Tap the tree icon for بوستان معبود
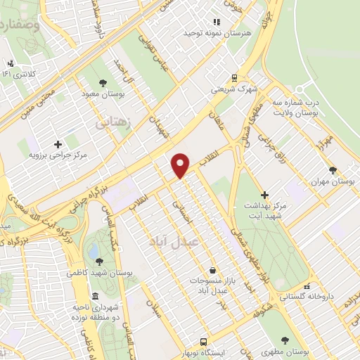103,82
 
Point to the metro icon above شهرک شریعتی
233,78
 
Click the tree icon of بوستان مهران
333,169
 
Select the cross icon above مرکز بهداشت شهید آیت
264,194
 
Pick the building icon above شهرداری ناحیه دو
96,296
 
